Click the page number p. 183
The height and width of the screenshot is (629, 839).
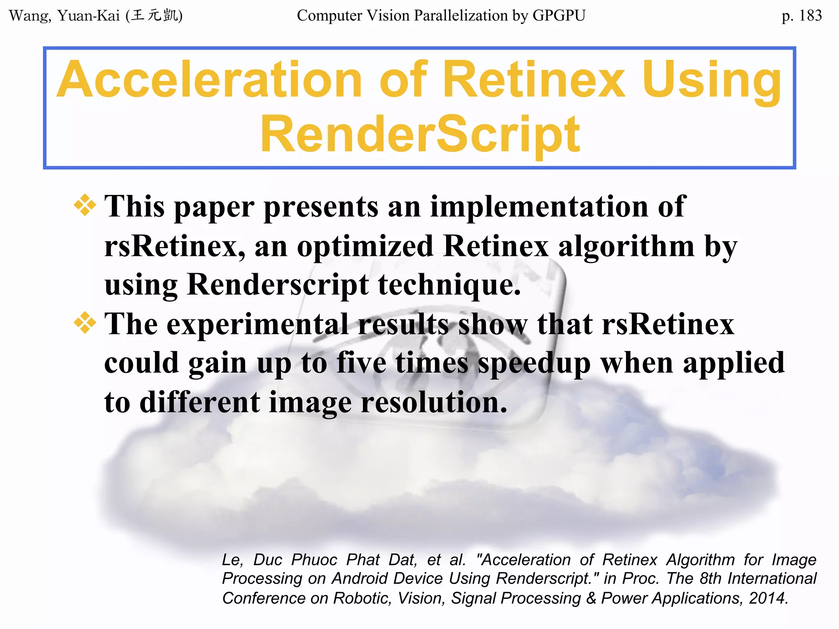801,16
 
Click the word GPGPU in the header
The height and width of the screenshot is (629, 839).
559,16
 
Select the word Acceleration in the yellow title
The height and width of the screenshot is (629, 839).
209,79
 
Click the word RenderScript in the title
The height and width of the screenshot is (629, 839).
420,134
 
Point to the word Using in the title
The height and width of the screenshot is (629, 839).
712,79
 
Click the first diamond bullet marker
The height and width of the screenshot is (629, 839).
85,205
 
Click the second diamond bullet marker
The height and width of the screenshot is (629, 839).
85,323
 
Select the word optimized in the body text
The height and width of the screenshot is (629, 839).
365,246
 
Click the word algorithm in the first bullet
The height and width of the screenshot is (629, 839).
626,246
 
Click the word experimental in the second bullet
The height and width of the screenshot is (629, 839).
257,324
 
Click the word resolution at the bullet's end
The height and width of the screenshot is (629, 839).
434,402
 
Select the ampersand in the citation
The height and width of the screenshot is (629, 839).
591,598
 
